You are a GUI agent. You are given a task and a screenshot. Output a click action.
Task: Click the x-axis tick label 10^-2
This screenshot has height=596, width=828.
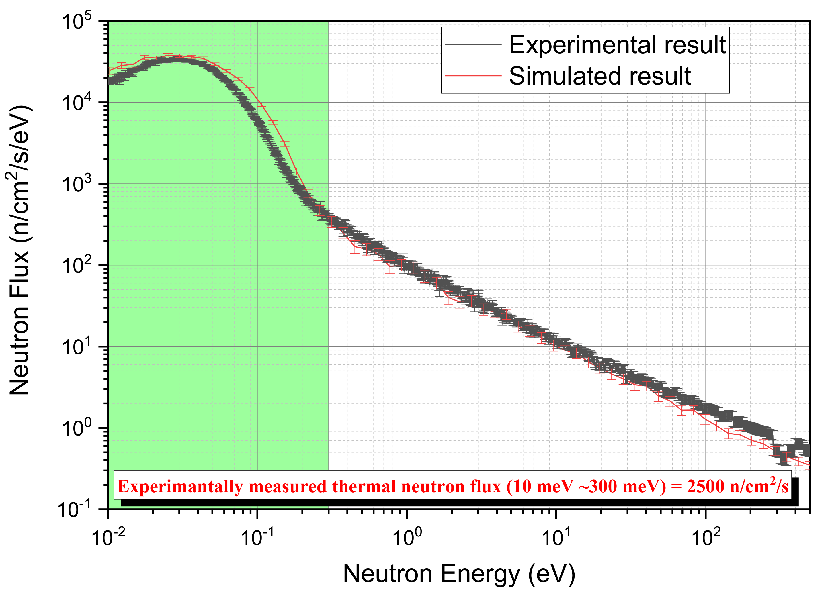tap(108, 537)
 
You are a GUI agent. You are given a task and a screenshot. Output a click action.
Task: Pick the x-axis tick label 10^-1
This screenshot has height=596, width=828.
tap(257, 537)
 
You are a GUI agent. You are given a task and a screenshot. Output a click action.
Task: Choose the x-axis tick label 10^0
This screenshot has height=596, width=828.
tap(407, 537)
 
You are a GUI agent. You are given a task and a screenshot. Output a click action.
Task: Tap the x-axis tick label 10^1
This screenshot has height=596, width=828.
tap(556, 537)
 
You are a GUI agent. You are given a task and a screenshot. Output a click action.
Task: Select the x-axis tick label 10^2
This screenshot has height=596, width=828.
tap(706, 537)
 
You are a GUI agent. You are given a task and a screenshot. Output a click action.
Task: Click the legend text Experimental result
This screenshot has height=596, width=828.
tap(617, 45)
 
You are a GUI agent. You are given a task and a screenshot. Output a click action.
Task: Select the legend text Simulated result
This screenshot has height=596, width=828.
tap(599, 76)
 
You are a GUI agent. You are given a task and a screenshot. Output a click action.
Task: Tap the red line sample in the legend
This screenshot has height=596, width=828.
tap(473, 76)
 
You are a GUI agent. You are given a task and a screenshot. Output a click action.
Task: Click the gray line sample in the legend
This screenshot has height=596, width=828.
tap(473, 44)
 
